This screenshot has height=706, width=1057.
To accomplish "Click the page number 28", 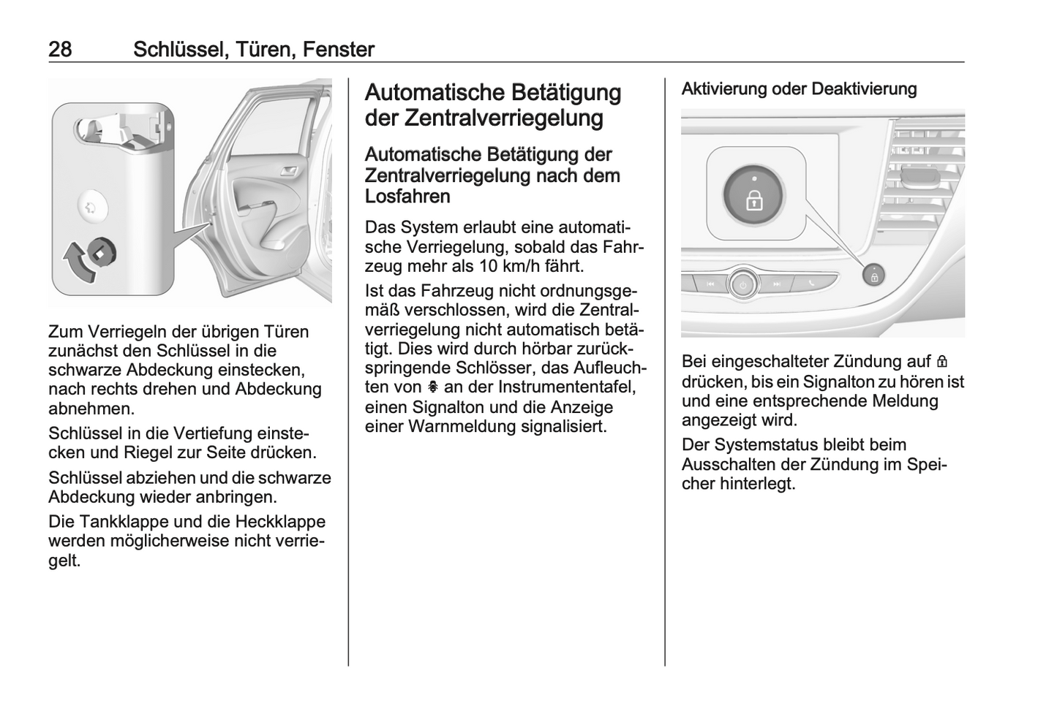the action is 60,50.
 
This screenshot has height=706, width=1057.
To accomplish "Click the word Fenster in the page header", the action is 339,50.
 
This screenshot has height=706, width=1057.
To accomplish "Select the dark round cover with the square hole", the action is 102,253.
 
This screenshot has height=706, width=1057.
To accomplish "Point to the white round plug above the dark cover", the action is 92,208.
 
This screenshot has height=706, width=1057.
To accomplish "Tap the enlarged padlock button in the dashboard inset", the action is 753,195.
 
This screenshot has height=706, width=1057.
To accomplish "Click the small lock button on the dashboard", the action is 874,276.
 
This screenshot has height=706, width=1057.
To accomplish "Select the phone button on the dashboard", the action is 812,284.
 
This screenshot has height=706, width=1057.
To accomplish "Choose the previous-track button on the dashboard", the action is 711,284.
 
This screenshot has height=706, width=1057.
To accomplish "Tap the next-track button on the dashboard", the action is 776,284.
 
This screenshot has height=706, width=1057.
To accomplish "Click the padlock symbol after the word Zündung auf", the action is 942,362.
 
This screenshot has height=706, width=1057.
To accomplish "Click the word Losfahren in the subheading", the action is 407,197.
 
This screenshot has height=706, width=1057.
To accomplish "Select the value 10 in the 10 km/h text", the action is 489,267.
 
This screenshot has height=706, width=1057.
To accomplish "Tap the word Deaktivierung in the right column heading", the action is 864,88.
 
